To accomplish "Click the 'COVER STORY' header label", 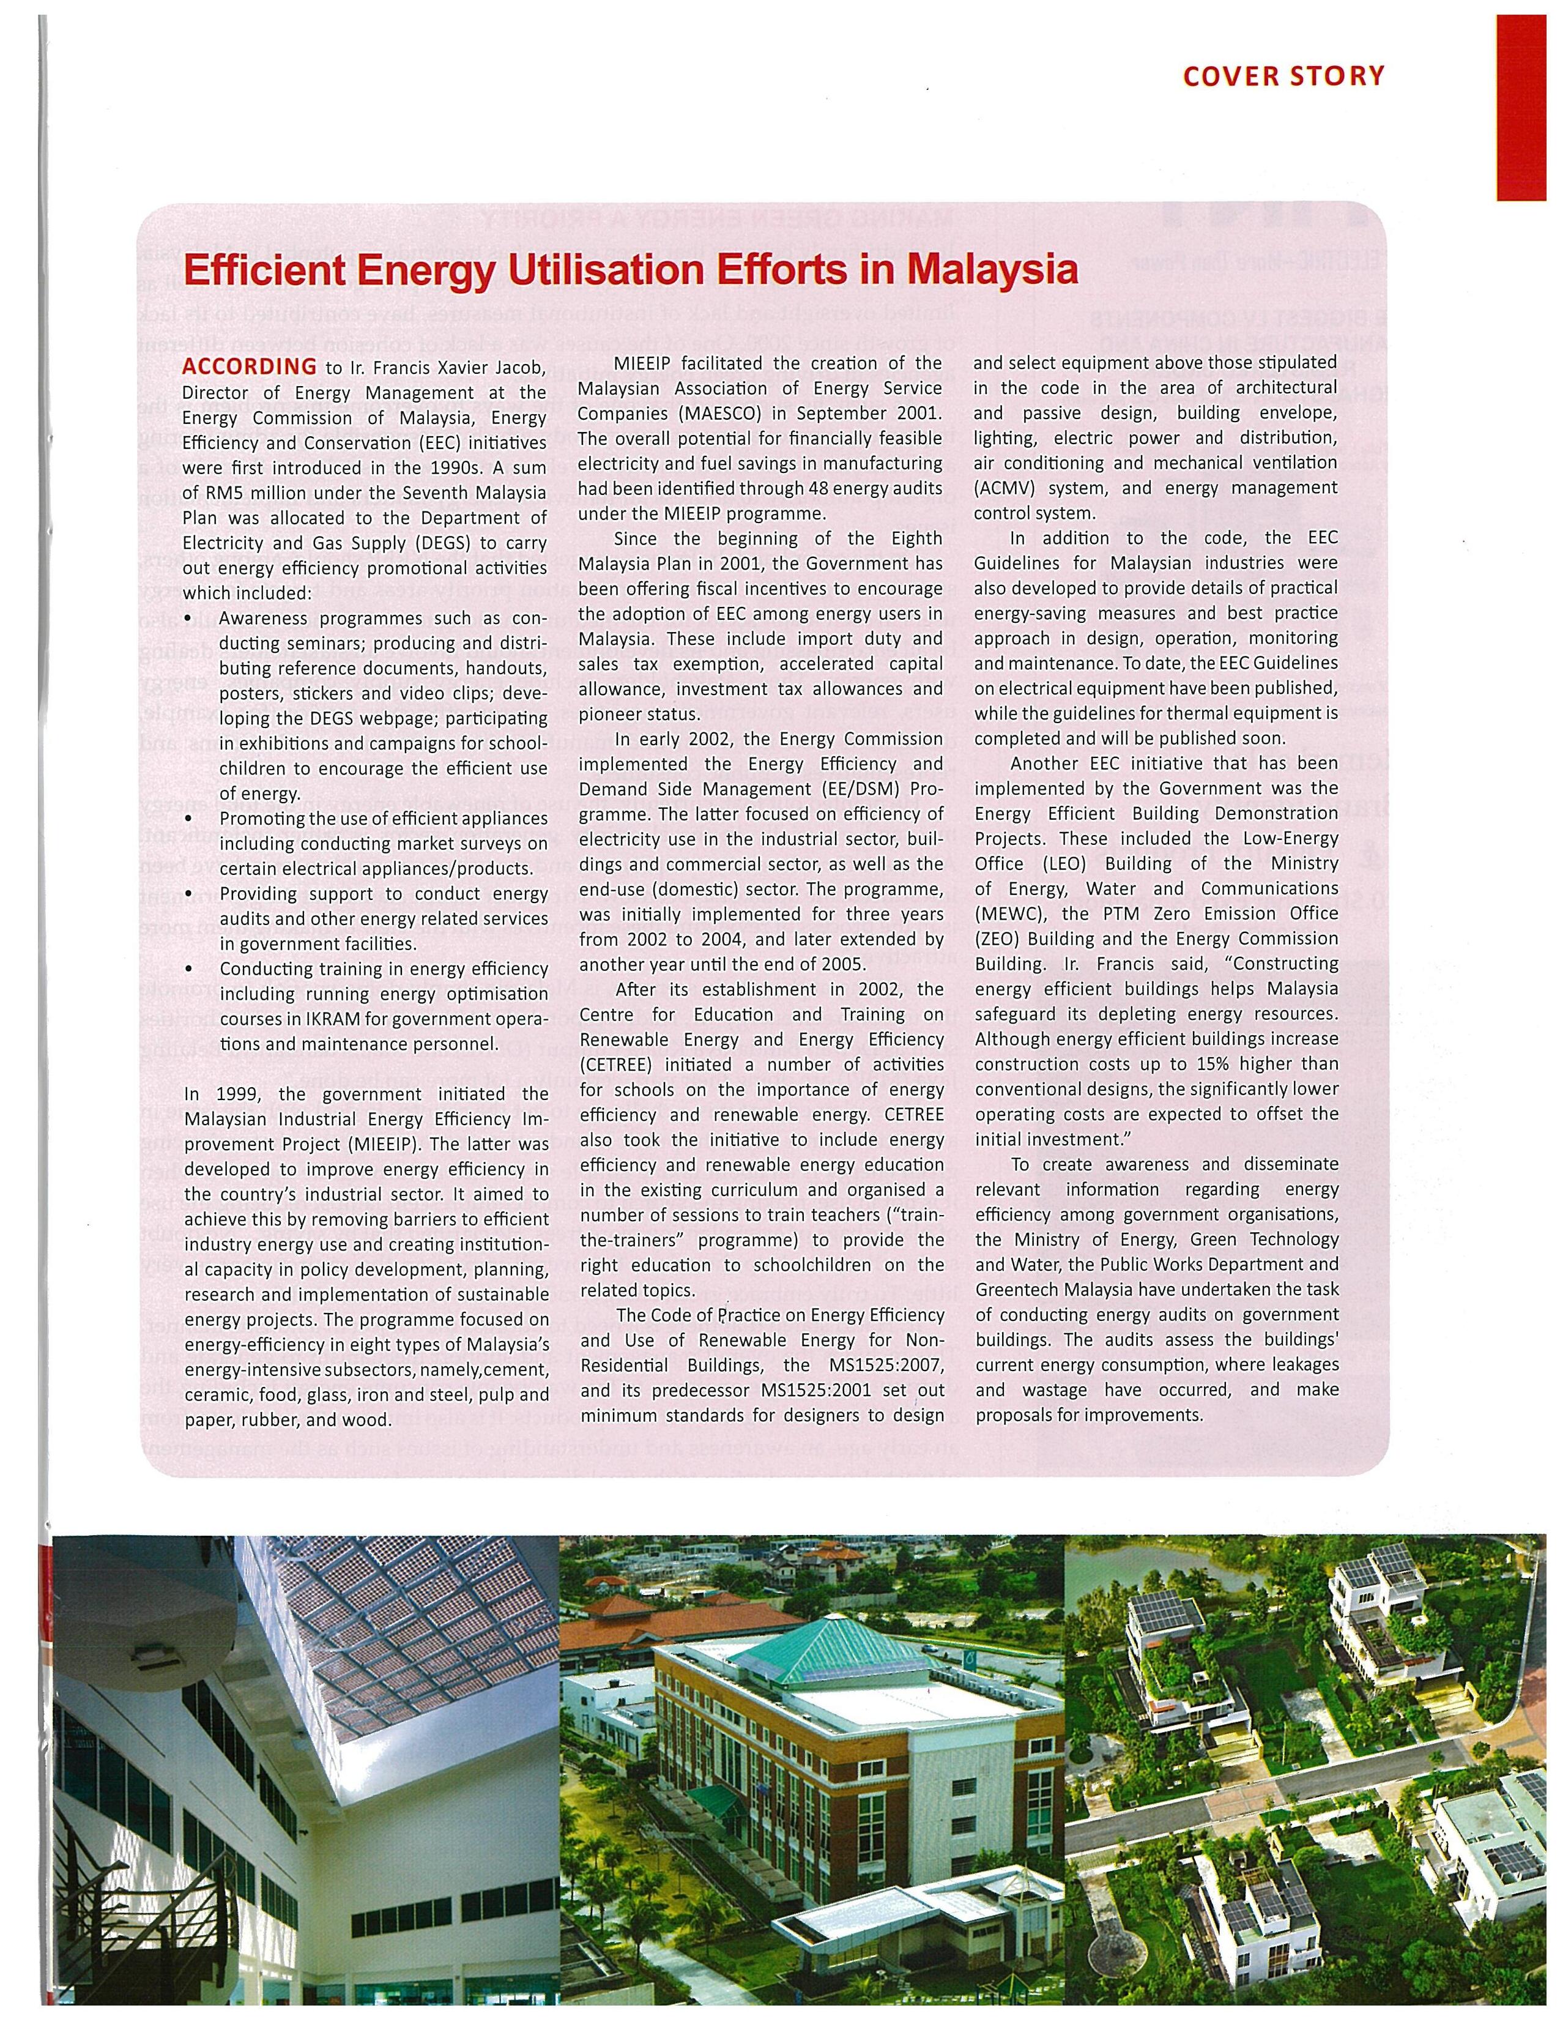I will click(x=1283, y=76).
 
